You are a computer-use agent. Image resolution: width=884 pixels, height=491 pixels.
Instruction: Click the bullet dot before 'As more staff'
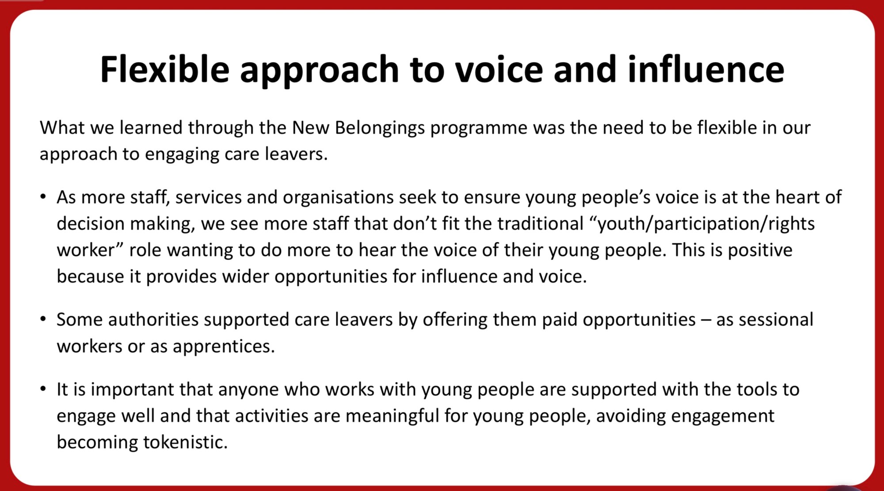[43, 196]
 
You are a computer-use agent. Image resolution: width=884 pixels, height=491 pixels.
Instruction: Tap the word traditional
[540, 223]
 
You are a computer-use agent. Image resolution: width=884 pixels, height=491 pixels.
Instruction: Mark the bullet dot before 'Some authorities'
[43, 319]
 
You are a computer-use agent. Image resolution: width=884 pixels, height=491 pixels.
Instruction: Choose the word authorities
[153, 320]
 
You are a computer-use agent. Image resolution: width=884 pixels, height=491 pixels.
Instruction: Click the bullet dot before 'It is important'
[43, 389]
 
